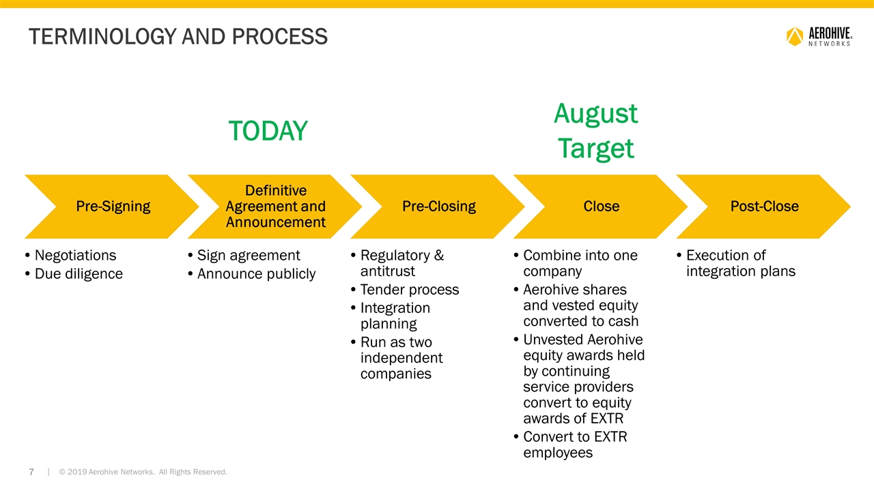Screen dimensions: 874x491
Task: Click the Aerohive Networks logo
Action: (819, 37)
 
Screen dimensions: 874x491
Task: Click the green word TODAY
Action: (268, 131)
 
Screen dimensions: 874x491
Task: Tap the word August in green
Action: (596, 114)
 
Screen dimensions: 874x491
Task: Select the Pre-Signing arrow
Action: (112, 207)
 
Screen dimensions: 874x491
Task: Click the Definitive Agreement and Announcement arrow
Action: (275, 207)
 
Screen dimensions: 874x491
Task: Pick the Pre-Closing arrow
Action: (438, 207)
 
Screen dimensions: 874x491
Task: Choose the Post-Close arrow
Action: (764, 207)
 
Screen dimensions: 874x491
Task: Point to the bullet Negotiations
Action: (70, 255)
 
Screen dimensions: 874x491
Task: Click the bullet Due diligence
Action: (74, 273)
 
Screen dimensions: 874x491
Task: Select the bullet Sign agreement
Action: (244, 255)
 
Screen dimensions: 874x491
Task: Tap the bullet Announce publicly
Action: (252, 273)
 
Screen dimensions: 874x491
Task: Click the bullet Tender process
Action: (405, 290)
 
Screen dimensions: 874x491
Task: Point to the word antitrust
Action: (387, 271)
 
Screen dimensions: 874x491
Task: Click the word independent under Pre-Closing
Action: (401, 358)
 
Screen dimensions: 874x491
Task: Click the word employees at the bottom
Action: (558, 453)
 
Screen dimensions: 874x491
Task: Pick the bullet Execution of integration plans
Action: (736, 263)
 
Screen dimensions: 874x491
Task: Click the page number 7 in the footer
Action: (31, 472)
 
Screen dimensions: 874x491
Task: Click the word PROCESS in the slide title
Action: (279, 37)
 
